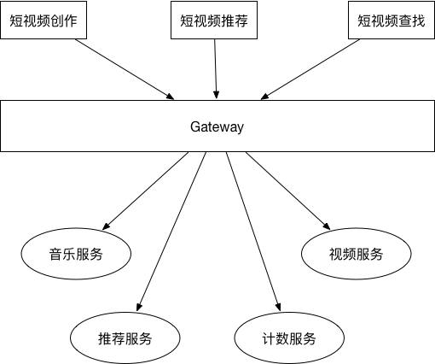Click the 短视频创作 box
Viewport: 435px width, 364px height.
coord(43,20)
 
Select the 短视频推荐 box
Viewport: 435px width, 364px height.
coord(214,20)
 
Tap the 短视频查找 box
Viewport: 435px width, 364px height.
coord(391,20)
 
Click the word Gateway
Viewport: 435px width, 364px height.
coord(217,126)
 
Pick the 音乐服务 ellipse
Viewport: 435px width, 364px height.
coord(76,254)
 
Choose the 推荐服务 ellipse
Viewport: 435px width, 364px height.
coord(125,338)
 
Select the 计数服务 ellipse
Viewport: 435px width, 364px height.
coord(289,338)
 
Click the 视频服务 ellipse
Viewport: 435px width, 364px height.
coord(357,254)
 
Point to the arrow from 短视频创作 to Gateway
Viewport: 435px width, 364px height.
coord(125,69)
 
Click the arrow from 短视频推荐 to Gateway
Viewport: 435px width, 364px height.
coord(216,68)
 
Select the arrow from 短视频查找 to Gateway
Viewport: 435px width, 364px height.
coord(310,69)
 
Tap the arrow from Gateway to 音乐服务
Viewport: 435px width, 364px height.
coord(145,191)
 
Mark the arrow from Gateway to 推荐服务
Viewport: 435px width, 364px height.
coord(171,232)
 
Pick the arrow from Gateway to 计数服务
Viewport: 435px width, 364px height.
coord(253,232)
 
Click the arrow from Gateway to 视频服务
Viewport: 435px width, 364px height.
coord(288,191)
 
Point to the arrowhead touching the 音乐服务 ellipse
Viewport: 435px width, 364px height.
coord(106,226)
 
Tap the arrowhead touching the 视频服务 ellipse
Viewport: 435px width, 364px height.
coord(327,226)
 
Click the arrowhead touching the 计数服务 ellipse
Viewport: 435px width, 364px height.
coord(278,308)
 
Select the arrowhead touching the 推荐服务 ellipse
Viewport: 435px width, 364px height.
coord(139,308)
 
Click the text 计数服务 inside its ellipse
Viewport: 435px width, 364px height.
coord(289,338)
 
